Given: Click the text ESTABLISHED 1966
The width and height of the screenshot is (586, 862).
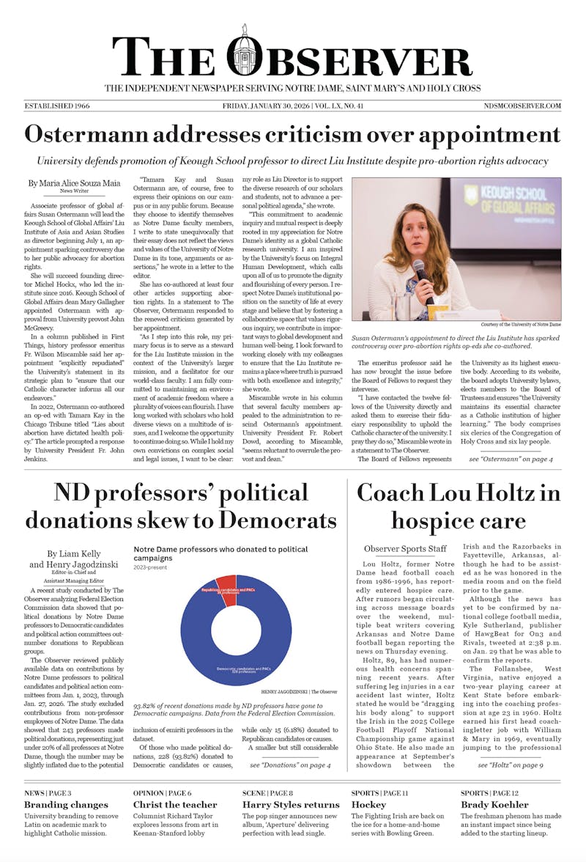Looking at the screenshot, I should coord(57,106).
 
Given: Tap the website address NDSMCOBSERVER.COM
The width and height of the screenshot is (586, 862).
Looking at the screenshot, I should coord(522,106).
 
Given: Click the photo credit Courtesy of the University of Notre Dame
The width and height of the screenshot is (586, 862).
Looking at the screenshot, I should coord(521,324).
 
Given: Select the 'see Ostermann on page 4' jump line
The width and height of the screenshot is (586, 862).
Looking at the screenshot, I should coord(511,459).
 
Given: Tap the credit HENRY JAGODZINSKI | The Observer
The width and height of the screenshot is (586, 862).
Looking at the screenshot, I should coord(299,691).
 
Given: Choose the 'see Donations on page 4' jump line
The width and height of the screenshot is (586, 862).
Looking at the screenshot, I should coord(289,765).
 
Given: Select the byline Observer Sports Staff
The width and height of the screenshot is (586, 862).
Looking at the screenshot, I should coord(405,549).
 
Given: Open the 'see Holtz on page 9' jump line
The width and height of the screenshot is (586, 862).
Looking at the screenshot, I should coord(511,765).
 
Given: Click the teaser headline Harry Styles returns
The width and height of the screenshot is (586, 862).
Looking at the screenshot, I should coord(291,805).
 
